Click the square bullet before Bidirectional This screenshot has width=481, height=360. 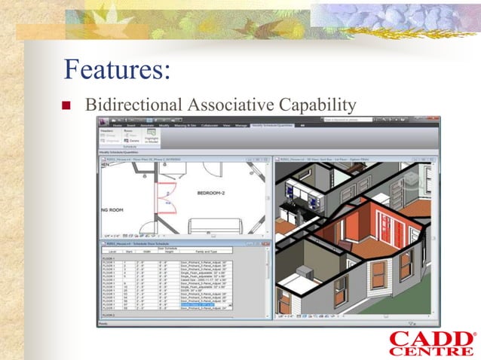[x=65, y=105]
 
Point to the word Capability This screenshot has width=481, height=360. [x=315, y=103]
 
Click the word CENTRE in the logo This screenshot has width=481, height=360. [x=432, y=352]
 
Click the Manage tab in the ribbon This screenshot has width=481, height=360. [x=241, y=125]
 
